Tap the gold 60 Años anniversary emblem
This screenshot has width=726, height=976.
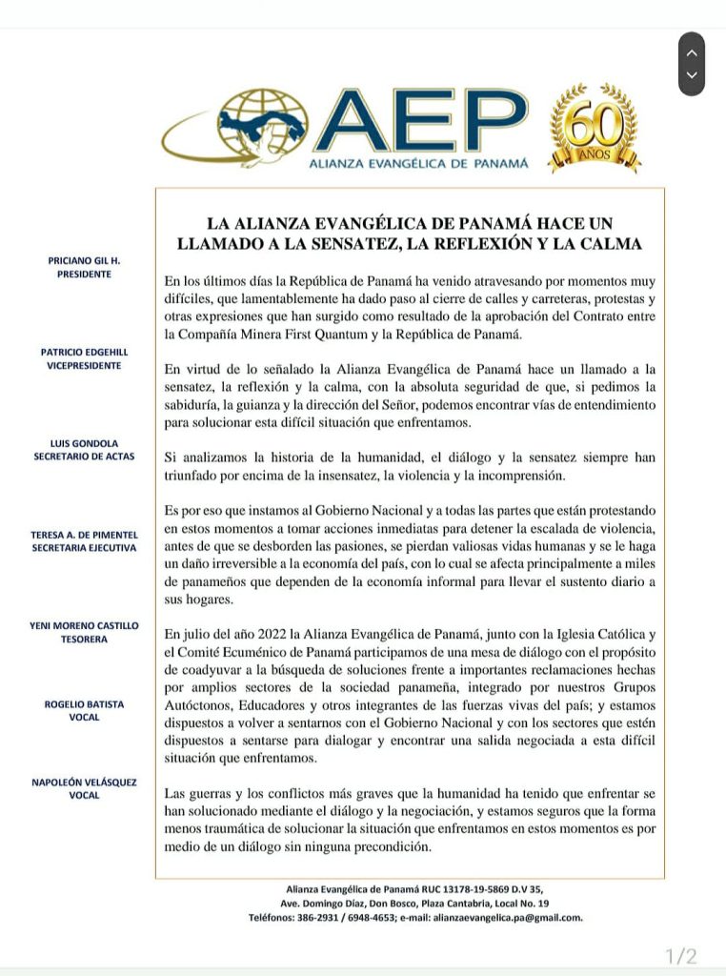595,129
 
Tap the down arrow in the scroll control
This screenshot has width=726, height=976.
692,75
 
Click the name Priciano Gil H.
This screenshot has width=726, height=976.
84,260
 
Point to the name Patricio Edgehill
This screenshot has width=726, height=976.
84,352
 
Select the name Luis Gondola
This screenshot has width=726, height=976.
84,443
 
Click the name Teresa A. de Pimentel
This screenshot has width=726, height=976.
84,535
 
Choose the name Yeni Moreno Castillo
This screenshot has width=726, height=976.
84,625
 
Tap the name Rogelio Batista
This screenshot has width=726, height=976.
84,704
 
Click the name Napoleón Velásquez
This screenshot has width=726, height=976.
84,783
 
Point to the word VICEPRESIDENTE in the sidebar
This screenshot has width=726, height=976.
84,366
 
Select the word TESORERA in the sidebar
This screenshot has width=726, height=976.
84,639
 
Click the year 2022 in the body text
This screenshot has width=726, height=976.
260,633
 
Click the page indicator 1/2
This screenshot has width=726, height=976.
680,955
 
